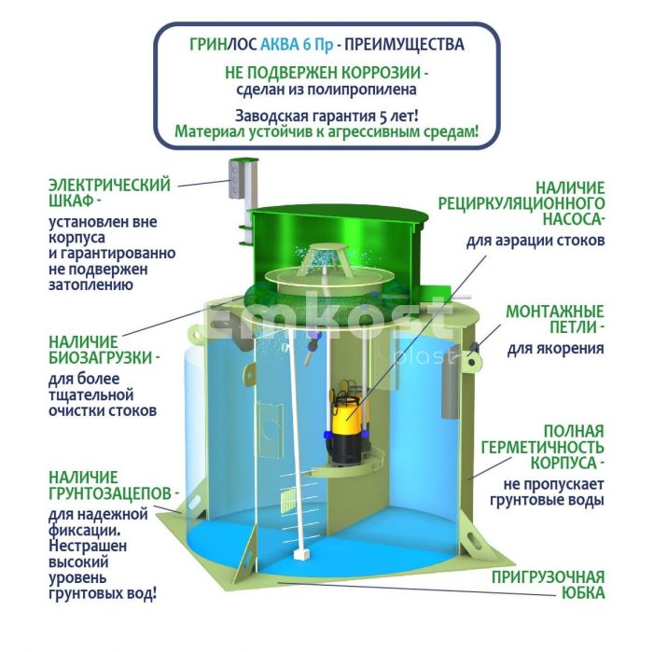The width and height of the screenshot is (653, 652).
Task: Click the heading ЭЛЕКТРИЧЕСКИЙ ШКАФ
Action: pyautogui.click(x=109, y=193)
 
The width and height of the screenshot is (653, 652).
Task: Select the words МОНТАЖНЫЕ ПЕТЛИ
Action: pyautogui.click(x=555, y=319)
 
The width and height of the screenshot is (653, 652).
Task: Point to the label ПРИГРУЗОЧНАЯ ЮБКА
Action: pyautogui.click(x=549, y=585)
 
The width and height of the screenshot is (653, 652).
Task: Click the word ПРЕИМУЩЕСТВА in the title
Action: pyautogui.click(x=404, y=44)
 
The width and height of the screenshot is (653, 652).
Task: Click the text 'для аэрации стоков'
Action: pyautogui.click(x=535, y=241)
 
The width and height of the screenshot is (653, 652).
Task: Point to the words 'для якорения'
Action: pyautogui.click(x=556, y=349)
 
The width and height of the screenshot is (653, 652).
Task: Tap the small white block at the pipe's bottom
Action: pyautogui.click(x=300, y=555)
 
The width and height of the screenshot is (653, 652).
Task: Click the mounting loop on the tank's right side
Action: pyautogui.click(x=471, y=360)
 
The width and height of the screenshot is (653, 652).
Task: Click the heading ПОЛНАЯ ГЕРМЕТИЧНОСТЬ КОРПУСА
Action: pyautogui.click(x=543, y=447)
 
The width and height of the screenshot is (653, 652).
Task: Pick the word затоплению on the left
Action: pyautogui.click(x=90, y=285)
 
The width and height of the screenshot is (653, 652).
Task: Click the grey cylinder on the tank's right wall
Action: pyautogui.click(x=450, y=392)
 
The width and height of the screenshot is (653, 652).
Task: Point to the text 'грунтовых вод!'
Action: pyautogui.click(x=103, y=594)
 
